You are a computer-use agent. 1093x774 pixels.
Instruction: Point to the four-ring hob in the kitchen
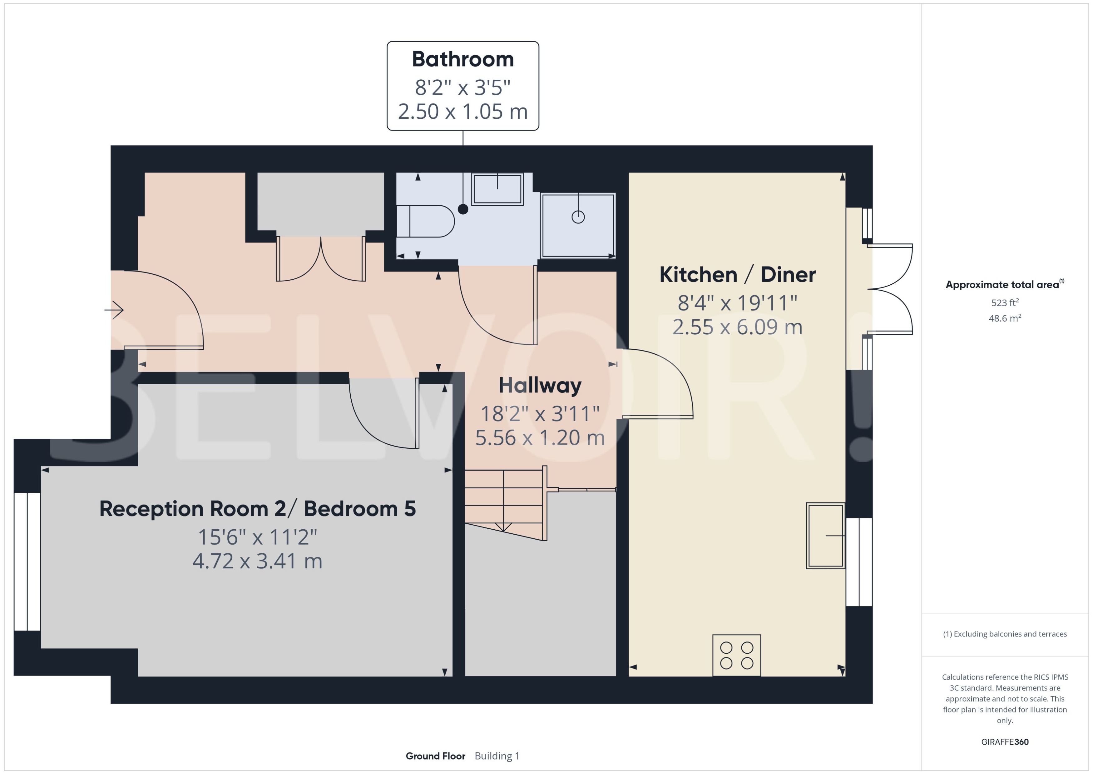click(x=736, y=655)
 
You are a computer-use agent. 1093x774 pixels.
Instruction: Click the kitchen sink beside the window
click(x=825, y=536)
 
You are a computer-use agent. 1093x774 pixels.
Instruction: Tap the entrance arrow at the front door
click(x=114, y=310)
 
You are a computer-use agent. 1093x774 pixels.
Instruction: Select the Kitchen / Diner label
click(x=737, y=275)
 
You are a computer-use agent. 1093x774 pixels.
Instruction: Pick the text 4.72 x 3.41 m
click(x=257, y=561)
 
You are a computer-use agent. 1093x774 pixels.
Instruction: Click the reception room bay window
click(x=27, y=562)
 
